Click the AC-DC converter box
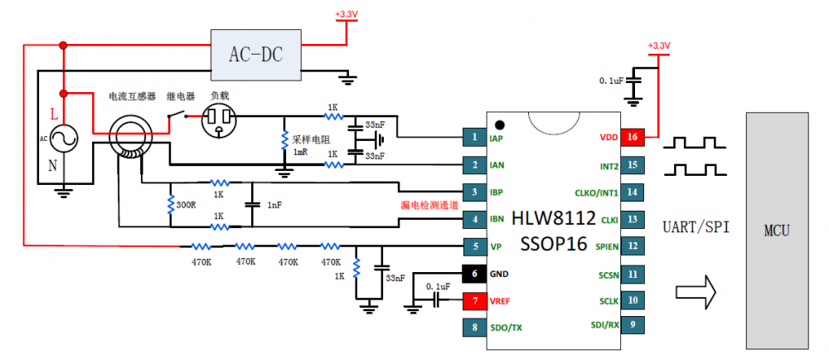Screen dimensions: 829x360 click(x=256, y=55)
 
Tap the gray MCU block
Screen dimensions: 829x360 click(x=777, y=231)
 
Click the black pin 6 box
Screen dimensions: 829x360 click(x=474, y=274)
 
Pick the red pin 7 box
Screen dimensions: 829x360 click(x=474, y=301)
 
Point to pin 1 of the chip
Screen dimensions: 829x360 click(x=474, y=137)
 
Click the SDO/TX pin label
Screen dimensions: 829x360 click(x=506, y=328)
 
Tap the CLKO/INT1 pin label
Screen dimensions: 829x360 click(x=596, y=192)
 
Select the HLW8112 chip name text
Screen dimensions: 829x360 click(x=554, y=218)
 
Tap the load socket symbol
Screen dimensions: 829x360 click(x=219, y=121)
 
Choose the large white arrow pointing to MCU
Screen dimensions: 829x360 click(x=696, y=291)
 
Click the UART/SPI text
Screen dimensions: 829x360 click(x=696, y=227)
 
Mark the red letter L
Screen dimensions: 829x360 click(x=54, y=114)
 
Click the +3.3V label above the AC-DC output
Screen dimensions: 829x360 click(x=347, y=15)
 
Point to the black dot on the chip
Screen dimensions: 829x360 click(x=498, y=124)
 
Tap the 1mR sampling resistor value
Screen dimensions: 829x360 click(x=301, y=152)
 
